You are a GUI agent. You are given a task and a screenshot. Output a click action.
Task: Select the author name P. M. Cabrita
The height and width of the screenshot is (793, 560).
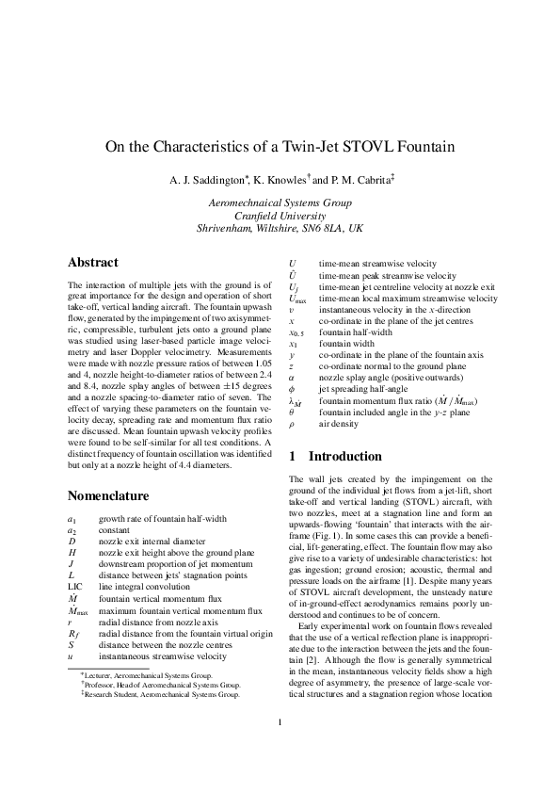[355, 179]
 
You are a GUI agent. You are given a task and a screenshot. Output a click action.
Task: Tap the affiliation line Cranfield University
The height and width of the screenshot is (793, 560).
[280, 215]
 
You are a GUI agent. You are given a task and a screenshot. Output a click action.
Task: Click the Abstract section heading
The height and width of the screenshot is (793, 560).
[93, 262]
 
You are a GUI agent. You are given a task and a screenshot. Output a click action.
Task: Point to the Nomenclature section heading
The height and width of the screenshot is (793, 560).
[112, 495]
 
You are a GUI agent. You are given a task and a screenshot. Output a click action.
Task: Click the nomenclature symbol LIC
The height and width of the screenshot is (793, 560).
[77, 586]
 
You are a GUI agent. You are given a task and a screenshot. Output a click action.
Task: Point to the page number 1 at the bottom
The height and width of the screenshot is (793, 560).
[280, 750]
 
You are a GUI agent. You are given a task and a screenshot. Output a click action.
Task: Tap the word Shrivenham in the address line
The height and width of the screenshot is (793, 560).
[232, 228]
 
